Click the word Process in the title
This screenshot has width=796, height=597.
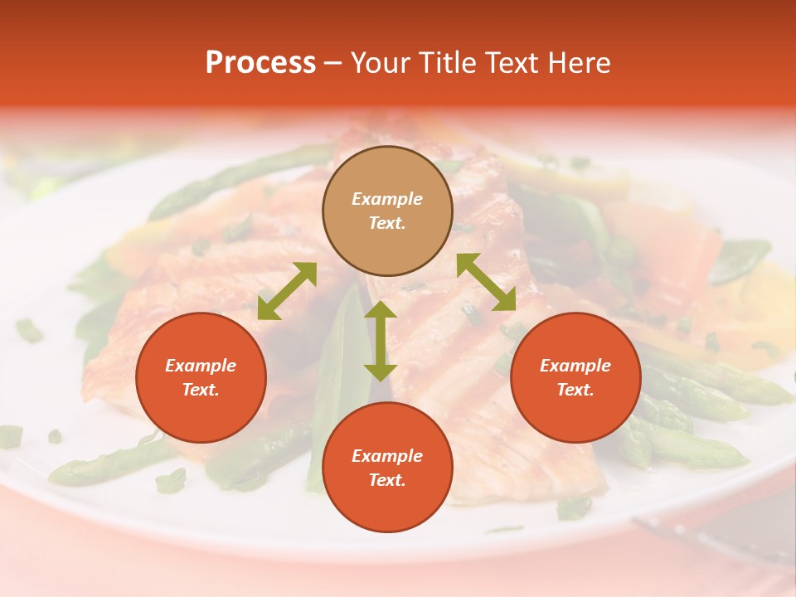click(x=260, y=63)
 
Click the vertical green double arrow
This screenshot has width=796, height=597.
click(x=381, y=341)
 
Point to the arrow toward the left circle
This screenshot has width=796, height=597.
click(x=287, y=291)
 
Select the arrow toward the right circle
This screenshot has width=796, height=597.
click(x=487, y=282)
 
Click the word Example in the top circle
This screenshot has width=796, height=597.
click(x=387, y=199)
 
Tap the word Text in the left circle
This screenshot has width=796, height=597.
click(x=201, y=390)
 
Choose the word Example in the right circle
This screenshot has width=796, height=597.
click(x=575, y=366)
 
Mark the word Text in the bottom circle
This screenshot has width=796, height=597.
click(x=387, y=480)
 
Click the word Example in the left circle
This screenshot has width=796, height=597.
click(x=201, y=366)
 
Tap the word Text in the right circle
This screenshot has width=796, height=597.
click(x=575, y=390)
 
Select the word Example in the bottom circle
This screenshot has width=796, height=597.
click(x=387, y=456)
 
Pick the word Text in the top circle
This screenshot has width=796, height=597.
click(x=387, y=223)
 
